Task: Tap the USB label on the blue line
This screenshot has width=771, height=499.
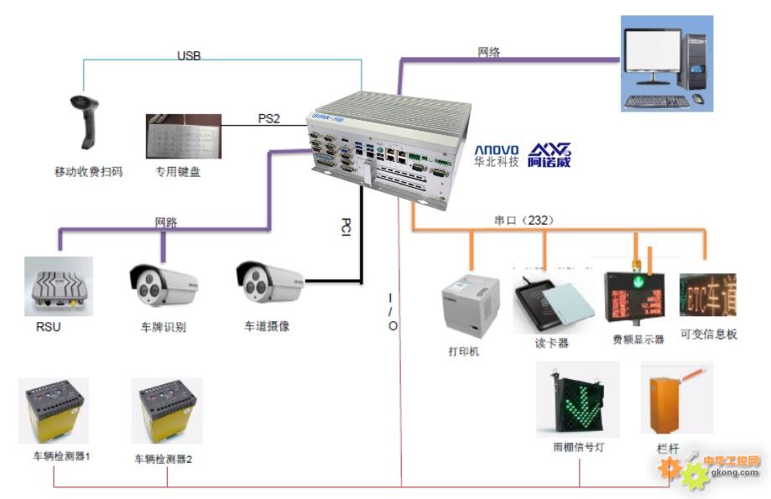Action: (x=189, y=56)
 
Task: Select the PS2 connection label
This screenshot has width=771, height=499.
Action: (x=268, y=118)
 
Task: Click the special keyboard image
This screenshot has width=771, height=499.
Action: (x=183, y=136)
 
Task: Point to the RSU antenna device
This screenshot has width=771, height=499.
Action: (x=58, y=286)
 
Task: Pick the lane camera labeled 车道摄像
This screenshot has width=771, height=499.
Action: (x=269, y=283)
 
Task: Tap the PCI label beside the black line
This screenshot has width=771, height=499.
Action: (x=346, y=227)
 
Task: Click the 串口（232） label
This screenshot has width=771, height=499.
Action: (x=524, y=221)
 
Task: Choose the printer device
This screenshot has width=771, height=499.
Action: (x=471, y=305)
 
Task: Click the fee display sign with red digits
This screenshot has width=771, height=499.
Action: (x=634, y=296)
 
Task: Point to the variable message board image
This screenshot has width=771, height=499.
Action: (x=707, y=295)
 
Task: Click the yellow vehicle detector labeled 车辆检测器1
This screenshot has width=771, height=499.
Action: (x=55, y=409)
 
